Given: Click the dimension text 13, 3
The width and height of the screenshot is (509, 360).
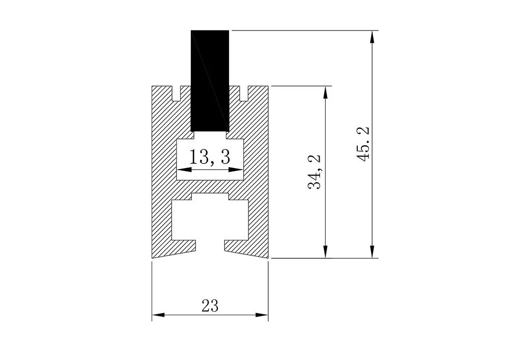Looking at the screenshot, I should (x=210, y=157).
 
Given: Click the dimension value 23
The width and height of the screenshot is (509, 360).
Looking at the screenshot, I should (x=210, y=306).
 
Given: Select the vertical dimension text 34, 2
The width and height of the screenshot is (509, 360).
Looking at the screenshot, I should (x=315, y=172).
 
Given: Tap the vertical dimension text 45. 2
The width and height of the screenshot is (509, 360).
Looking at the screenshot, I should (x=363, y=144).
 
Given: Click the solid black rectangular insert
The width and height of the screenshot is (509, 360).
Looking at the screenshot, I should (x=210, y=80).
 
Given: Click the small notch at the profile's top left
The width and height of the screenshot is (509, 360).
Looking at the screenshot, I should (x=177, y=94).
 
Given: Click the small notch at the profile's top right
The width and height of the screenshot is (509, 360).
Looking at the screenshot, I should (x=243, y=94).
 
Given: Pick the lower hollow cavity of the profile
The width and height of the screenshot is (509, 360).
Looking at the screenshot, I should (x=210, y=219).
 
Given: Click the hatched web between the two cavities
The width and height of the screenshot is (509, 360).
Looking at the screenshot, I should (x=210, y=187).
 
